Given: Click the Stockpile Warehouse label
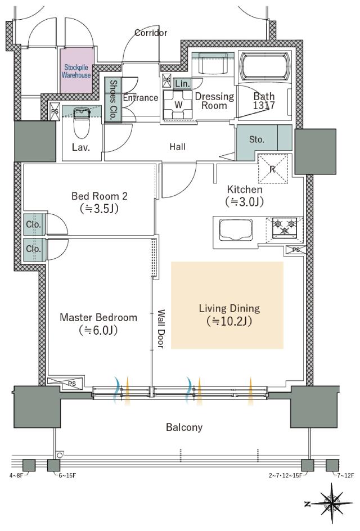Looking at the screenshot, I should click(x=76, y=71).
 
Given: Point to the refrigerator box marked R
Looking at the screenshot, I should click(x=273, y=167).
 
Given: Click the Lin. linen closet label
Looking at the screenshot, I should click(x=182, y=83).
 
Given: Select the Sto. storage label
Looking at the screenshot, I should click(x=256, y=139).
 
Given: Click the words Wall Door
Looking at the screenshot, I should click(x=160, y=329).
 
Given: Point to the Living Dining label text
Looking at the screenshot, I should click(x=229, y=308).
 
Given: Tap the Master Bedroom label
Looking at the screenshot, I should click(x=98, y=317).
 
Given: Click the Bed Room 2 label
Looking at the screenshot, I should click(x=100, y=196).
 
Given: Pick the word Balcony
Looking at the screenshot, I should click(x=184, y=427).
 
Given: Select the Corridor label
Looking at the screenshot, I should click(x=151, y=33).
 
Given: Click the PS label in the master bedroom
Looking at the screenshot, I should click(x=72, y=384).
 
